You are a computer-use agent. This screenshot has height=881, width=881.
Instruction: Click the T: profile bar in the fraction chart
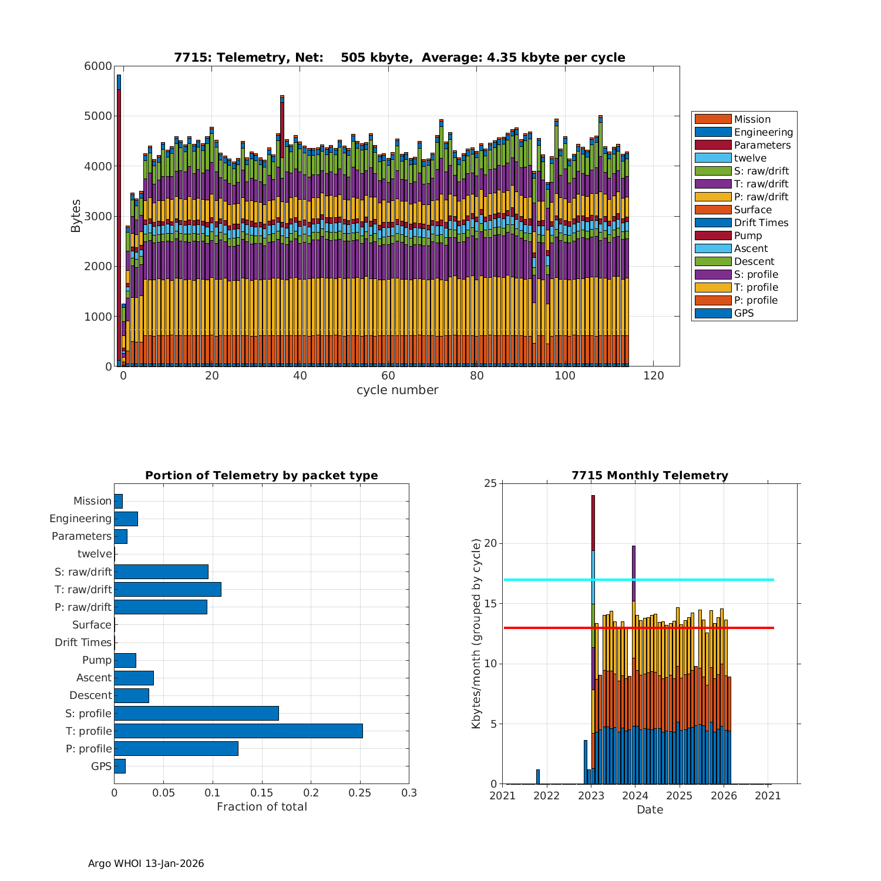tap(238, 731)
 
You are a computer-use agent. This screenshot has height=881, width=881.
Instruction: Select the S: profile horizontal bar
tap(196, 713)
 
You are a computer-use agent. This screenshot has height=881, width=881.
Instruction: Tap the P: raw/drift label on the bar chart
tap(83, 607)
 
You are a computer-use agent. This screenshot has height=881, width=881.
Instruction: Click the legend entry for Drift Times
tap(761, 223)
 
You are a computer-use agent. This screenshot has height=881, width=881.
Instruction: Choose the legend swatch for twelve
tap(712, 158)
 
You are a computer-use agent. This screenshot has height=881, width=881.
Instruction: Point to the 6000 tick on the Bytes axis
tap(98, 66)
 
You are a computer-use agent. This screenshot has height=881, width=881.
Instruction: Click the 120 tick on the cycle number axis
tap(654, 376)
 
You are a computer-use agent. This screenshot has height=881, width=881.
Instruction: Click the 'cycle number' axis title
tap(397, 390)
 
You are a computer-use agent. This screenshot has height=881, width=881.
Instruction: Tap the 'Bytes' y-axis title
tap(76, 216)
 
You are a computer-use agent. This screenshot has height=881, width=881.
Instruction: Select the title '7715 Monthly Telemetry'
tap(650, 476)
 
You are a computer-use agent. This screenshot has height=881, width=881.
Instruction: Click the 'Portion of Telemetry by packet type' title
tap(261, 476)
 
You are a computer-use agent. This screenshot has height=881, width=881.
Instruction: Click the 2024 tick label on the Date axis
tap(635, 796)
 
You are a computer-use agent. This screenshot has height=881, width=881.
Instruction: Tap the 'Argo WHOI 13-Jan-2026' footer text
tap(146, 863)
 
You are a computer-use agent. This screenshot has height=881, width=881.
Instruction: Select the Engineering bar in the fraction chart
tap(126, 519)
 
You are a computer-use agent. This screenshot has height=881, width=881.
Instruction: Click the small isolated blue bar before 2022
tap(537, 776)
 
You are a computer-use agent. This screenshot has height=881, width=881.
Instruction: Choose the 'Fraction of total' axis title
tap(261, 807)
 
